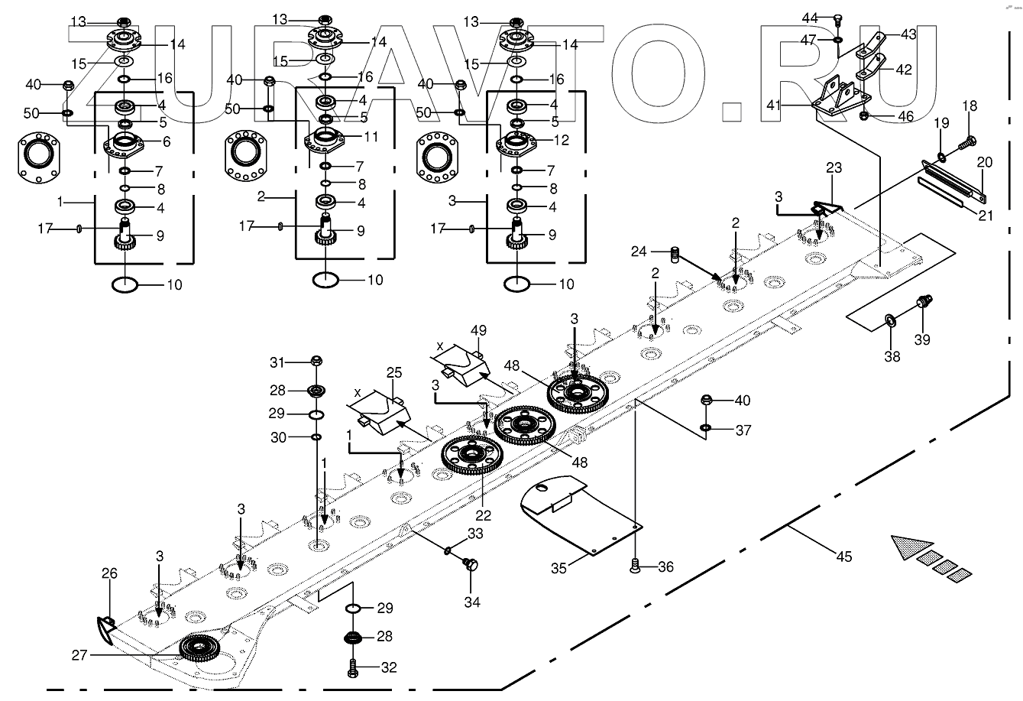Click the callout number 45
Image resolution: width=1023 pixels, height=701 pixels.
click(x=843, y=557)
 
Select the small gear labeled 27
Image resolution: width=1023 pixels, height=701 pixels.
click(x=200, y=649)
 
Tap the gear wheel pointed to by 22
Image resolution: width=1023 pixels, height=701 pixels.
click(x=472, y=456)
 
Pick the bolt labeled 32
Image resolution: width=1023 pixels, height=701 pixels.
click(x=352, y=667)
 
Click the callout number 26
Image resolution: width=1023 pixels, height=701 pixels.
click(x=109, y=573)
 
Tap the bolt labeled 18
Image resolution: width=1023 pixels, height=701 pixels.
click(x=968, y=141)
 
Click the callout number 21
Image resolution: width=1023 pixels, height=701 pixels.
click(x=986, y=216)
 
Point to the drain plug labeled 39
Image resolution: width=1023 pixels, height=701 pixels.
click(x=924, y=302)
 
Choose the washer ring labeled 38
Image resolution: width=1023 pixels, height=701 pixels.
click(x=891, y=318)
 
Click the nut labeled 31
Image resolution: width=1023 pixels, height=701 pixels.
click(x=318, y=362)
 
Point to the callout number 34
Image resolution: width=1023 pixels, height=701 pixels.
click(x=473, y=602)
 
